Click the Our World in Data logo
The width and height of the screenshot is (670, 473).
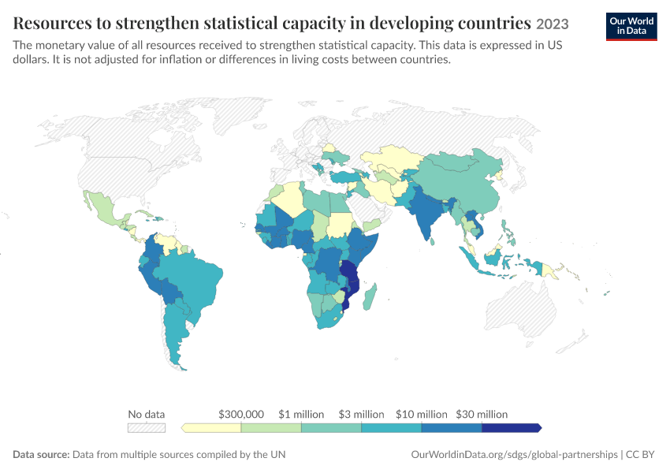coord(631,27)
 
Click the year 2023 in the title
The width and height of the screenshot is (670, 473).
coord(553,24)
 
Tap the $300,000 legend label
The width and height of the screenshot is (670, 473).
coord(241,414)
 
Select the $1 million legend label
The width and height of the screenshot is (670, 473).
coord(301,414)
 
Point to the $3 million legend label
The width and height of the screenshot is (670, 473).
coord(362,414)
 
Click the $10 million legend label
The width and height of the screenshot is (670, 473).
coord(422,414)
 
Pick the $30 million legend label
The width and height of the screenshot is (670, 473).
coord(482,414)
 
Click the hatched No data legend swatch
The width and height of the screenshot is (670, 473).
coord(147,428)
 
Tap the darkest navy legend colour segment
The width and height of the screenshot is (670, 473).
coord(512,428)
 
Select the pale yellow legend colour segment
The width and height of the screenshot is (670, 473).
coord(211,428)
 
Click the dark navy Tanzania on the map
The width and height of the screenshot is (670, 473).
coord(349,270)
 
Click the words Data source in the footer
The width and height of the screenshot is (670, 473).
coord(40,454)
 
